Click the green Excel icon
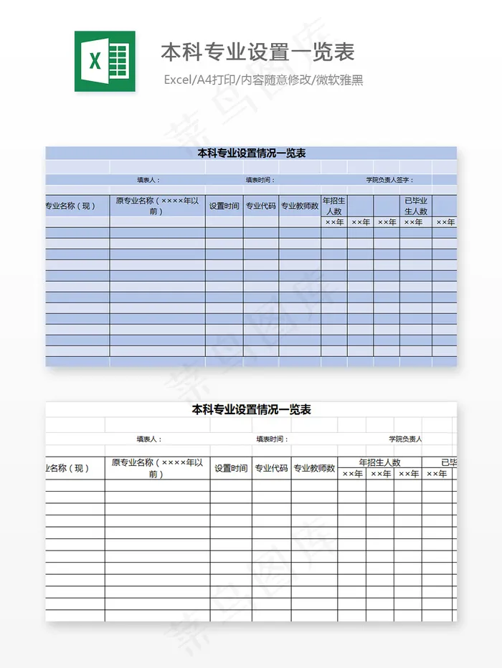click(105, 61)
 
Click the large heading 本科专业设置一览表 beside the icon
click(257, 52)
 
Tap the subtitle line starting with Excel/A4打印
click(263, 80)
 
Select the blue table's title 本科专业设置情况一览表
click(252, 153)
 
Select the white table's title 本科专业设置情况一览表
click(252, 410)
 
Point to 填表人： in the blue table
click(148, 180)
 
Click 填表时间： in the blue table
click(260, 180)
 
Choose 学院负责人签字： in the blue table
click(389, 180)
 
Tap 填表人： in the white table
click(149, 439)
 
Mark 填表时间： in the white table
click(273, 439)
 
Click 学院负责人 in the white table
click(406, 439)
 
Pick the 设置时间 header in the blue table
click(224, 206)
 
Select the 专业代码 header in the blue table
click(261, 206)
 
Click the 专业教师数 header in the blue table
click(300, 206)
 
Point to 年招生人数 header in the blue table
click(334, 206)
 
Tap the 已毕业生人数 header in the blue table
click(416, 206)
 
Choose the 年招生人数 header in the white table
click(379, 462)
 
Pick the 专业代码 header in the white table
click(271, 468)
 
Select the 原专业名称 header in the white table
click(157, 468)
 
